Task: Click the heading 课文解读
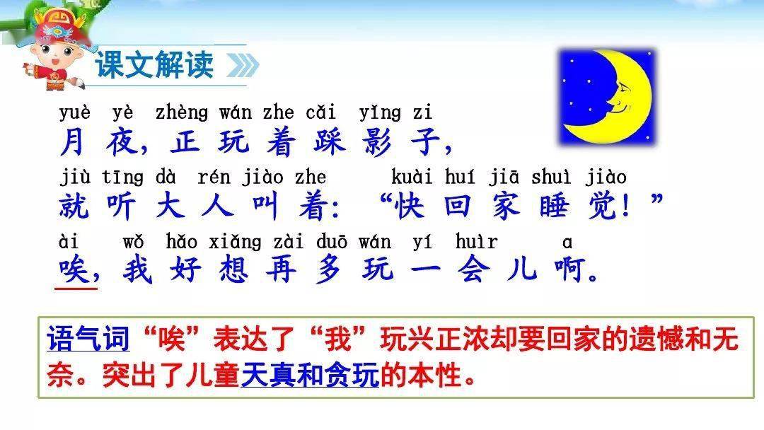click(154, 64)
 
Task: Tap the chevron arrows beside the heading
click(243, 65)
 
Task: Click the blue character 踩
click(330, 142)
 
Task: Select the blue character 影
click(378, 142)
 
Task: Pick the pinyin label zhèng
click(182, 113)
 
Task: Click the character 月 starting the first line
click(73, 142)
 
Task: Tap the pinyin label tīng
click(123, 178)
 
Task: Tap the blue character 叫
click(265, 206)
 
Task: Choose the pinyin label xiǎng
click(235, 242)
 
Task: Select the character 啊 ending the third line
click(569, 269)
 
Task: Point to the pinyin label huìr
click(477, 241)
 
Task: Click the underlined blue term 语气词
click(88, 339)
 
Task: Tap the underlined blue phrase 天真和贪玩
click(310, 375)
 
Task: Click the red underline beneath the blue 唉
click(76, 289)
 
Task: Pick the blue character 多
click(330, 269)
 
